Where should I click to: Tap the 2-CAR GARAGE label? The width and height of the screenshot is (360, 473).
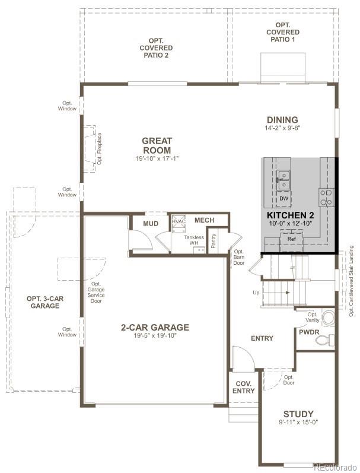pos(154,327)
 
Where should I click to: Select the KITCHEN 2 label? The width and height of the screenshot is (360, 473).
pos(290,215)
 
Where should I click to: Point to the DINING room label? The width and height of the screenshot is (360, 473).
pos(282,120)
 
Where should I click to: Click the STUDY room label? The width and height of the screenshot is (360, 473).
pos(298,414)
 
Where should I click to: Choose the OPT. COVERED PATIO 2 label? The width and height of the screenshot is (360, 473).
pos(156,47)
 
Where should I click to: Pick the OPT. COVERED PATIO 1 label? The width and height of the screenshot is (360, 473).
pos(282,31)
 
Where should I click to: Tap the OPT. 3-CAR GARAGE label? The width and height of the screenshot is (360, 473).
pos(43,302)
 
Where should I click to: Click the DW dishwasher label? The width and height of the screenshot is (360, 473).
pos(284,198)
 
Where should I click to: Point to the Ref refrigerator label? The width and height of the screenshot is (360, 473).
pos(291,239)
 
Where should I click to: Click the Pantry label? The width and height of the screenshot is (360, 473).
pos(214,242)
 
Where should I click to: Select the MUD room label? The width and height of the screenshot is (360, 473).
pos(151,223)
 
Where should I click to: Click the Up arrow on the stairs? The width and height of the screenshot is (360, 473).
pos(286,293)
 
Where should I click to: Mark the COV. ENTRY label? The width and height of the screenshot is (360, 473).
pos(243,387)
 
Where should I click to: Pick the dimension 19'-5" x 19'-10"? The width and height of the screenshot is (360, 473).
pos(154,336)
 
